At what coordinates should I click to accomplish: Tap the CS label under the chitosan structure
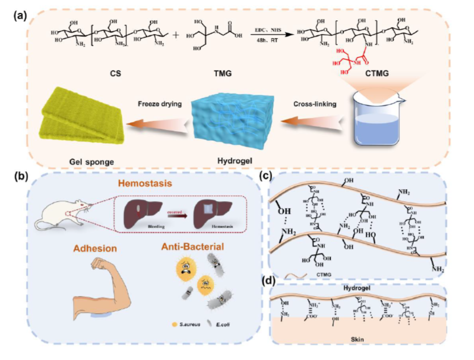pyautogui.click(x=116, y=73)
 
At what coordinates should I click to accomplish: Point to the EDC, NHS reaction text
pyautogui.click(x=269, y=30)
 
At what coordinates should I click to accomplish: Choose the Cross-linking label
pyautogui.click(x=316, y=104)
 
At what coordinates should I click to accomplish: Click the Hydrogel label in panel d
pyautogui.click(x=357, y=287)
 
